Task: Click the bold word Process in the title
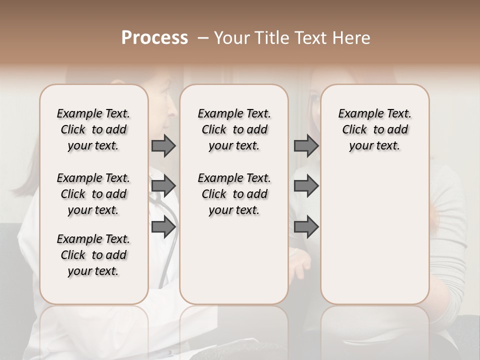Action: (154, 38)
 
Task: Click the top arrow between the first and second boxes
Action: (163, 146)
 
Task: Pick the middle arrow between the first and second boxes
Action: (163, 186)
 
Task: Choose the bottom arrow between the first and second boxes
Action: (163, 227)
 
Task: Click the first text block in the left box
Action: (93, 129)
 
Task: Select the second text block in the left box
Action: (93, 194)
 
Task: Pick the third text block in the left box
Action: (93, 255)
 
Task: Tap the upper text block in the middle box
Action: (234, 129)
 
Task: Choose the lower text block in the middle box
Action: (234, 194)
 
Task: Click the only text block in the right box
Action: (374, 129)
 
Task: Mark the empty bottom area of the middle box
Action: (234, 265)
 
